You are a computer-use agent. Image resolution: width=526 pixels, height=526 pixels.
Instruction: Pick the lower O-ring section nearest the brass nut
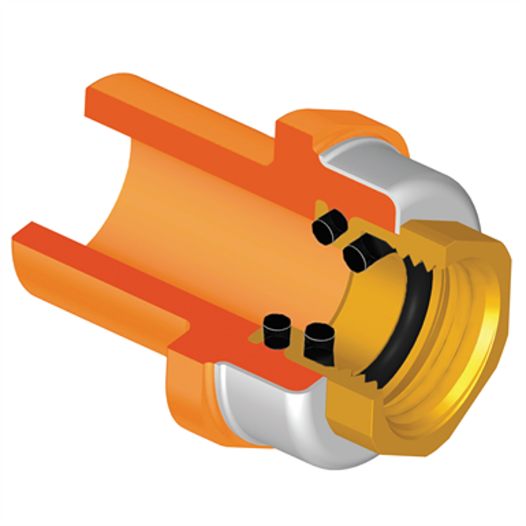[x=319, y=341]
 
